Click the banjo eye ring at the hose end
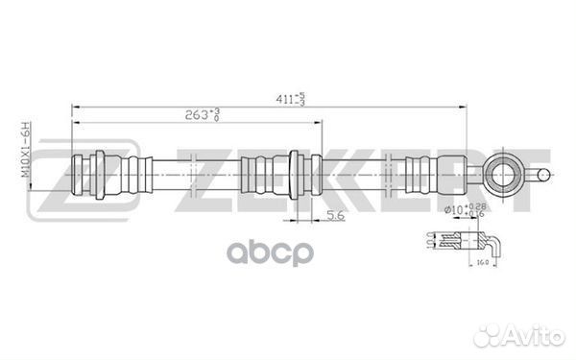coord(503,175)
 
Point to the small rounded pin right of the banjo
coord(542,175)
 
